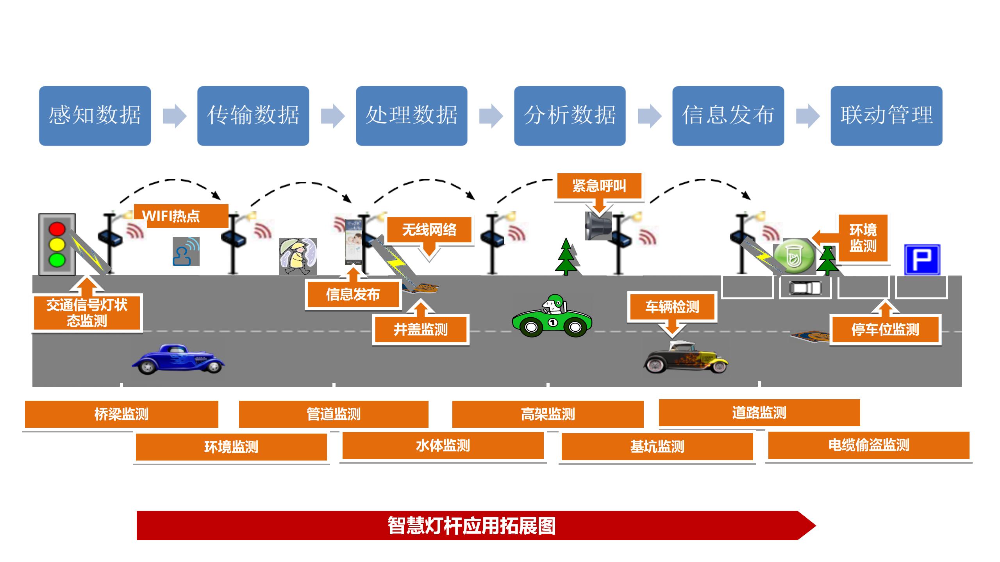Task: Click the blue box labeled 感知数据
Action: pos(95,116)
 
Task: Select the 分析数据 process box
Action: pos(570,116)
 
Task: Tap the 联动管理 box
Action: pos(886,116)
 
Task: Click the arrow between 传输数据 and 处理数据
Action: pos(333,116)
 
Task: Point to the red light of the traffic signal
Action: pos(57,229)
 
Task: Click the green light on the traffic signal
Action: pos(57,260)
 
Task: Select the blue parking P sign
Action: pos(922,260)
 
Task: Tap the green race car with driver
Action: pos(552,316)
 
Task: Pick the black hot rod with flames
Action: pos(686,357)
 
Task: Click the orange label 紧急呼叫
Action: pos(599,186)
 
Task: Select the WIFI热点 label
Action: pos(181,216)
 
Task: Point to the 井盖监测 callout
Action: pos(421,329)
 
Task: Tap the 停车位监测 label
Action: pos(885,329)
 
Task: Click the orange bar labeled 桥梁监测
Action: pos(121,414)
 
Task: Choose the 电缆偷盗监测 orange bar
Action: pos(869,445)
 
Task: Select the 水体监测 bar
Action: pos(443,445)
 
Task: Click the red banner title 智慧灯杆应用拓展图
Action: pos(471,526)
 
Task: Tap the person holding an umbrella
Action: pos(298,257)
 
